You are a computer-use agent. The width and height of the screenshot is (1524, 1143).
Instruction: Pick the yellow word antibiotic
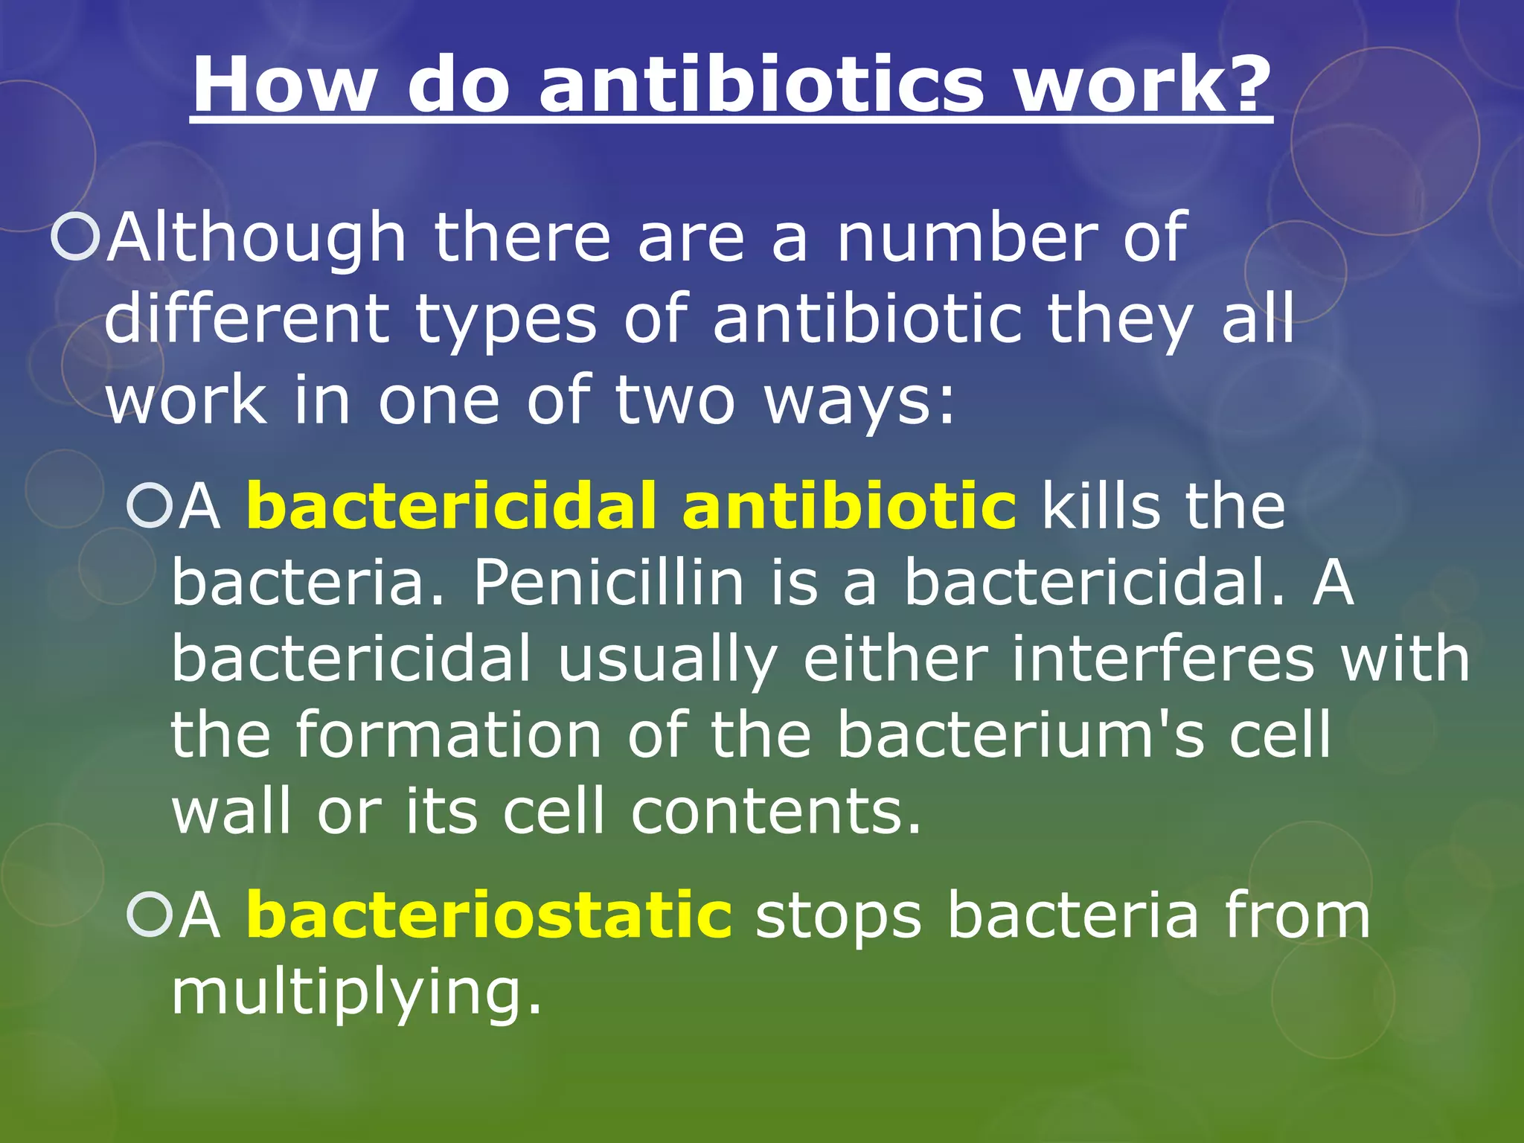pyautogui.click(x=849, y=506)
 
